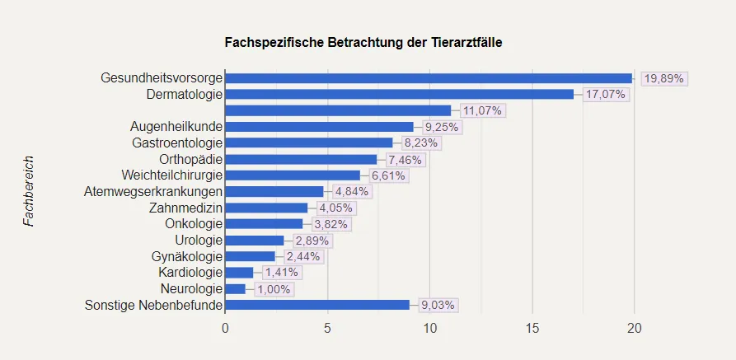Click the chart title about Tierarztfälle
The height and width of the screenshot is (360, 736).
click(x=368, y=41)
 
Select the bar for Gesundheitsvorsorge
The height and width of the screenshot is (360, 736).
click(x=429, y=78)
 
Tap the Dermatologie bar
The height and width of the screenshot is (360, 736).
click(x=399, y=94)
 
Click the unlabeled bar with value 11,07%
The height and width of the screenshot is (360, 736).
click(x=338, y=110)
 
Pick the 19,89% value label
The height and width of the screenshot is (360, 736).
click(x=663, y=78)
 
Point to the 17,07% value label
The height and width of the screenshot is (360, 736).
click(x=606, y=94)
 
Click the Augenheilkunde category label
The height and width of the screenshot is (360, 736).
click(x=176, y=127)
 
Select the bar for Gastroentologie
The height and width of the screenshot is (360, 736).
click(x=308, y=143)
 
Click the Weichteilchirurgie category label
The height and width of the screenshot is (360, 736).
click(x=171, y=175)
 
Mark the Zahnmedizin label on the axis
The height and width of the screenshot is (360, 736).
click(x=185, y=208)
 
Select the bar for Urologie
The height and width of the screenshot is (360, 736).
click(x=254, y=240)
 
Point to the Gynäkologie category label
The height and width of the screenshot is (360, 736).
click(x=185, y=256)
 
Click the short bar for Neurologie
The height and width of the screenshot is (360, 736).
click(x=235, y=288)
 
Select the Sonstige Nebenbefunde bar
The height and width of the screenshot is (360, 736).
click(x=317, y=305)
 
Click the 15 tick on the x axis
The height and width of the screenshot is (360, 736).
click(x=532, y=329)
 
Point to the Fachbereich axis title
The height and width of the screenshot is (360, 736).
click(x=29, y=191)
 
